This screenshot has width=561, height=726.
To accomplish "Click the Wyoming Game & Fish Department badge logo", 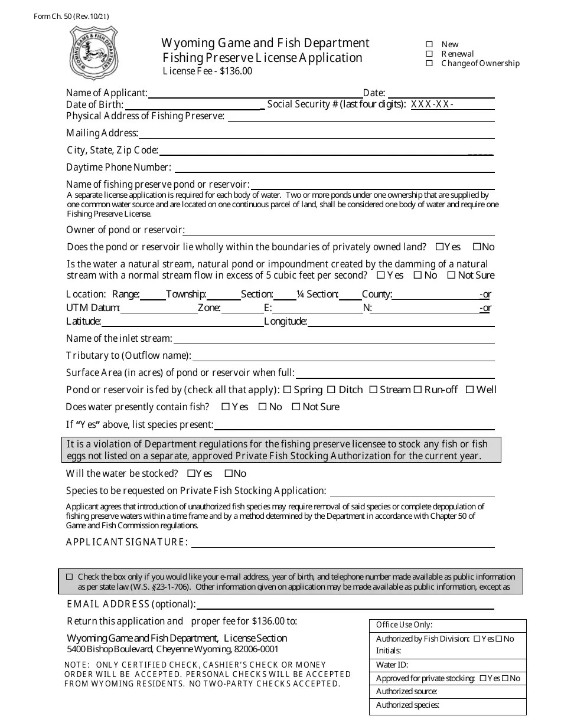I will click(x=94, y=54).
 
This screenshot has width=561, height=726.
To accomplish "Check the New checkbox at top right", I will click(x=429, y=44).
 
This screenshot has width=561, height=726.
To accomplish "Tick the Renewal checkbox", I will click(x=429, y=54).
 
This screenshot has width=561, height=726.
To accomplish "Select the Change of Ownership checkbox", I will click(x=429, y=63).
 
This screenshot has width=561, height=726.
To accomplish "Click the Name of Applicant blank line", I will click(x=255, y=93).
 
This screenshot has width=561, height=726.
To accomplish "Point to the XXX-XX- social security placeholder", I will click(x=432, y=104).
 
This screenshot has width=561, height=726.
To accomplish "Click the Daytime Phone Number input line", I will click(x=334, y=168).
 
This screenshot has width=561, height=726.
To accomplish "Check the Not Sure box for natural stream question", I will click(x=451, y=275).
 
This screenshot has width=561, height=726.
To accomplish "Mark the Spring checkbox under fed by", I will click(x=288, y=390).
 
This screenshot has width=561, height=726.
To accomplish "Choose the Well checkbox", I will click(x=470, y=390).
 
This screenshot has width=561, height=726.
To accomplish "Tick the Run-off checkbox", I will click(x=418, y=390).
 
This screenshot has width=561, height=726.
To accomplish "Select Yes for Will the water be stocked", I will click(x=191, y=473).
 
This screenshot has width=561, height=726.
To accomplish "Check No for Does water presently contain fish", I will click(x=262, y=407).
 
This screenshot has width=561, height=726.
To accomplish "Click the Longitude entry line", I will click(x=400, y=322).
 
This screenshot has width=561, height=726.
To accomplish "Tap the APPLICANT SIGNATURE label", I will click(x=127, y=542).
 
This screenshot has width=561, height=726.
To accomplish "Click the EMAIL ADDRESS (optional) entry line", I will click(x=345, y=605).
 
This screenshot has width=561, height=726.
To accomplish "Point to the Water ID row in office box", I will click(x=448, y=665).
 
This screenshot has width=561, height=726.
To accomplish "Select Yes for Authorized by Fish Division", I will click(x=475, y=639).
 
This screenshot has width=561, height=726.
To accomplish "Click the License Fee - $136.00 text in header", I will click(x=207, y=71).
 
